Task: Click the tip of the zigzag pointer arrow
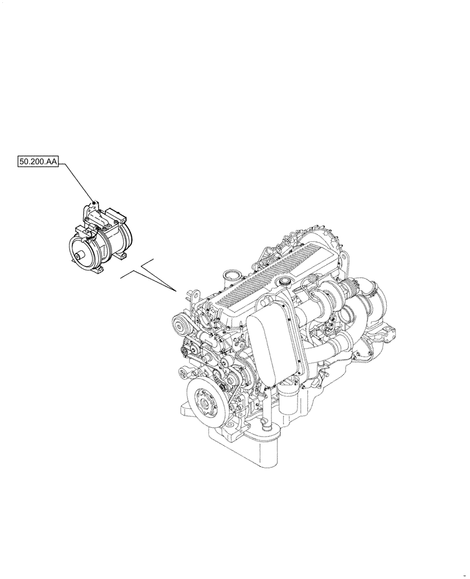pyautogui.click(x=177, y=291)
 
